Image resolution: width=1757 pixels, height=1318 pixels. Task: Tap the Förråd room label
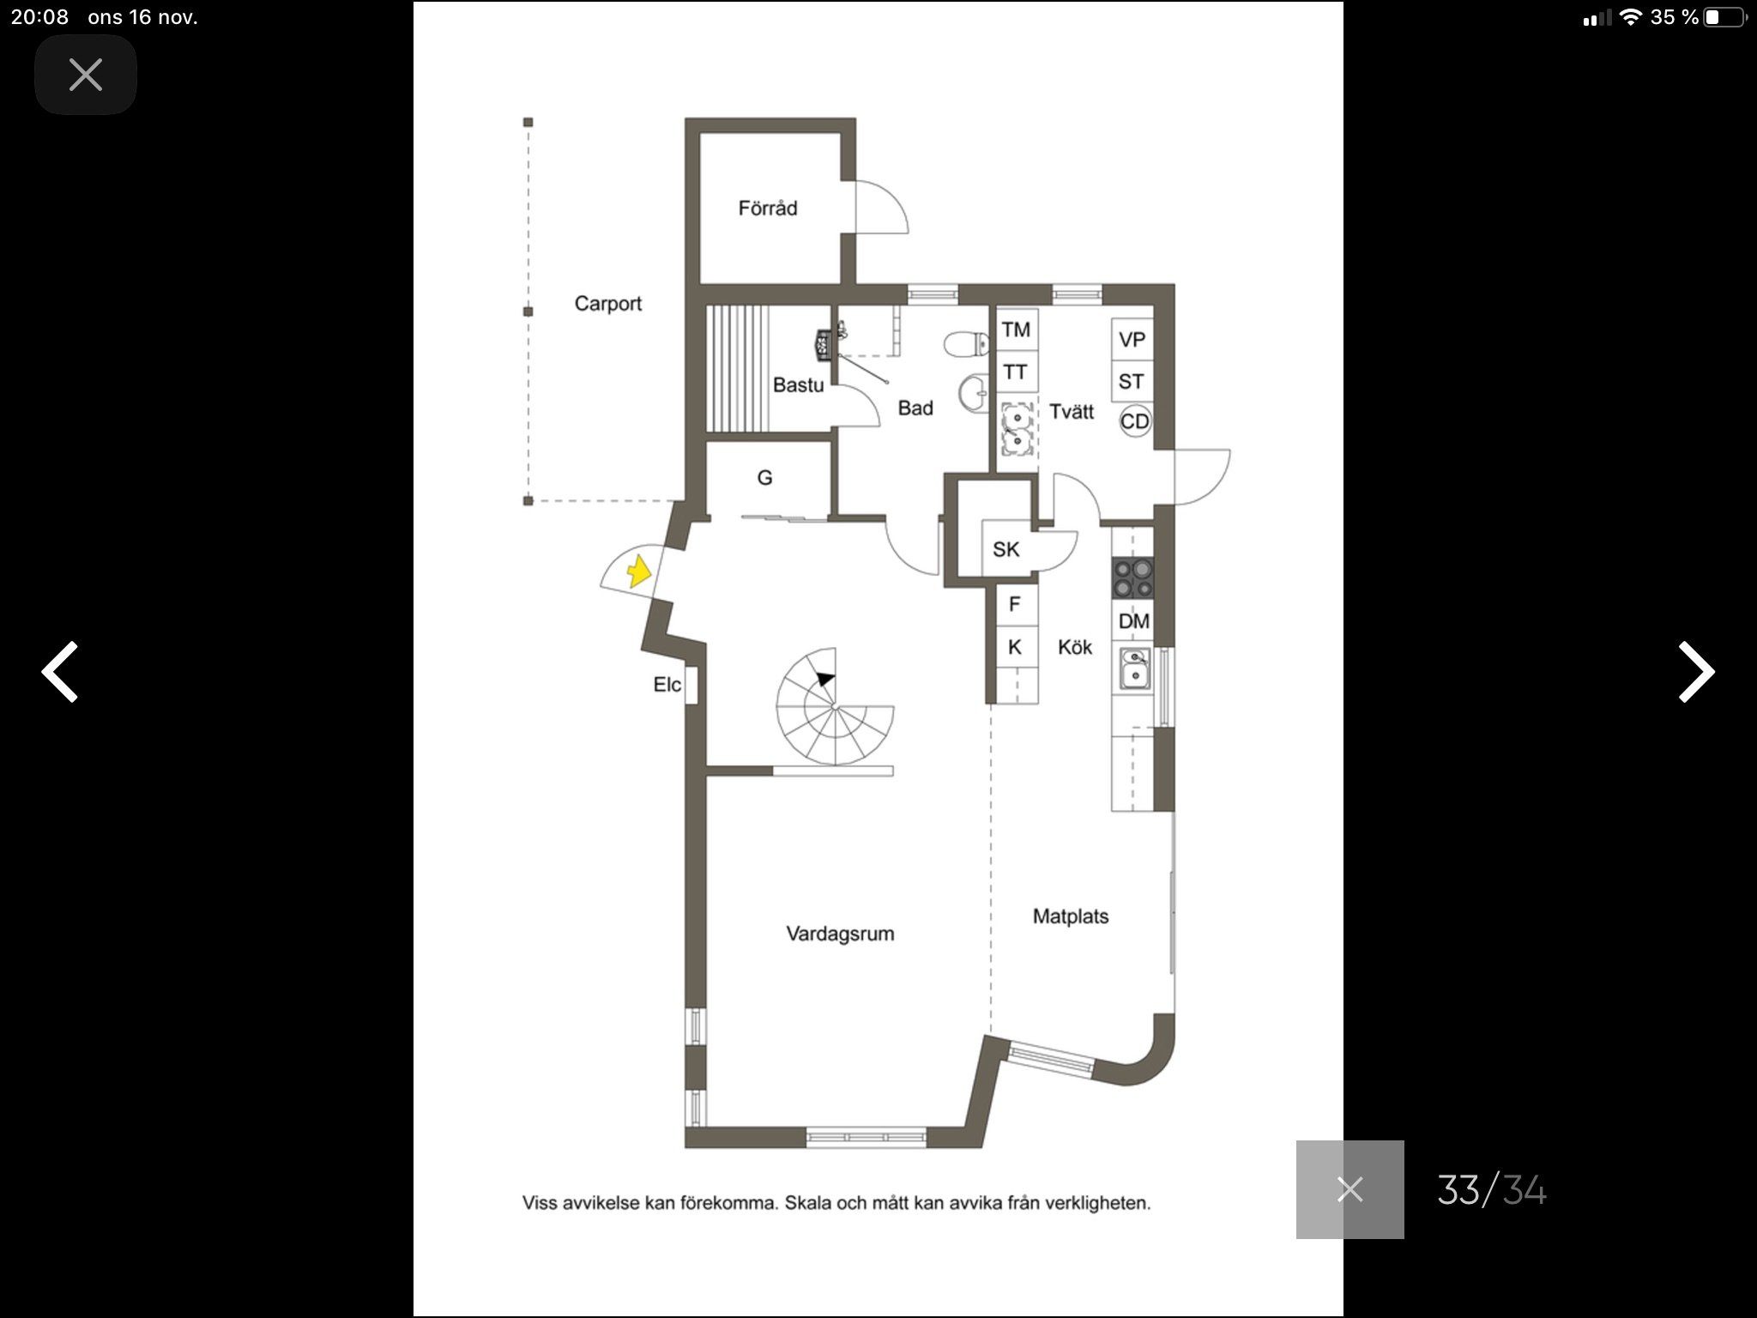768,209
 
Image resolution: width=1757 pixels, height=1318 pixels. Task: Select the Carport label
608,304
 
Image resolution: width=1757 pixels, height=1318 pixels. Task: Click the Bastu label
798,385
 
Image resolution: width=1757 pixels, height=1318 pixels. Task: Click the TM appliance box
1017,329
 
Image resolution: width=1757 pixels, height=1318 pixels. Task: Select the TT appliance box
1017,372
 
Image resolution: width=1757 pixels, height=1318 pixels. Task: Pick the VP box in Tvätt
1132,340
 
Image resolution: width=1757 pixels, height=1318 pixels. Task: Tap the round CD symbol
1135,421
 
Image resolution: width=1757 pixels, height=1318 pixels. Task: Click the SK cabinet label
1005,549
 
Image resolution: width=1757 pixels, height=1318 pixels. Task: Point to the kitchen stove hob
1132,577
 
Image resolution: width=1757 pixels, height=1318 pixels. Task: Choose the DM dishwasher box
1133,620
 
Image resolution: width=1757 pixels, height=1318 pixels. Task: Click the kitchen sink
1133,670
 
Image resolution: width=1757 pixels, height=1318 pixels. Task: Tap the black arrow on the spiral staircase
825,679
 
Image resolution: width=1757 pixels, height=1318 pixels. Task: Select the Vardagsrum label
840,934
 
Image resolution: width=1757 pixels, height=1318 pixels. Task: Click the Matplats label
1071,916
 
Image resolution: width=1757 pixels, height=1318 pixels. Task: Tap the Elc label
667,685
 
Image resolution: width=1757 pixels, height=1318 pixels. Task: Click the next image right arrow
1696,672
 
